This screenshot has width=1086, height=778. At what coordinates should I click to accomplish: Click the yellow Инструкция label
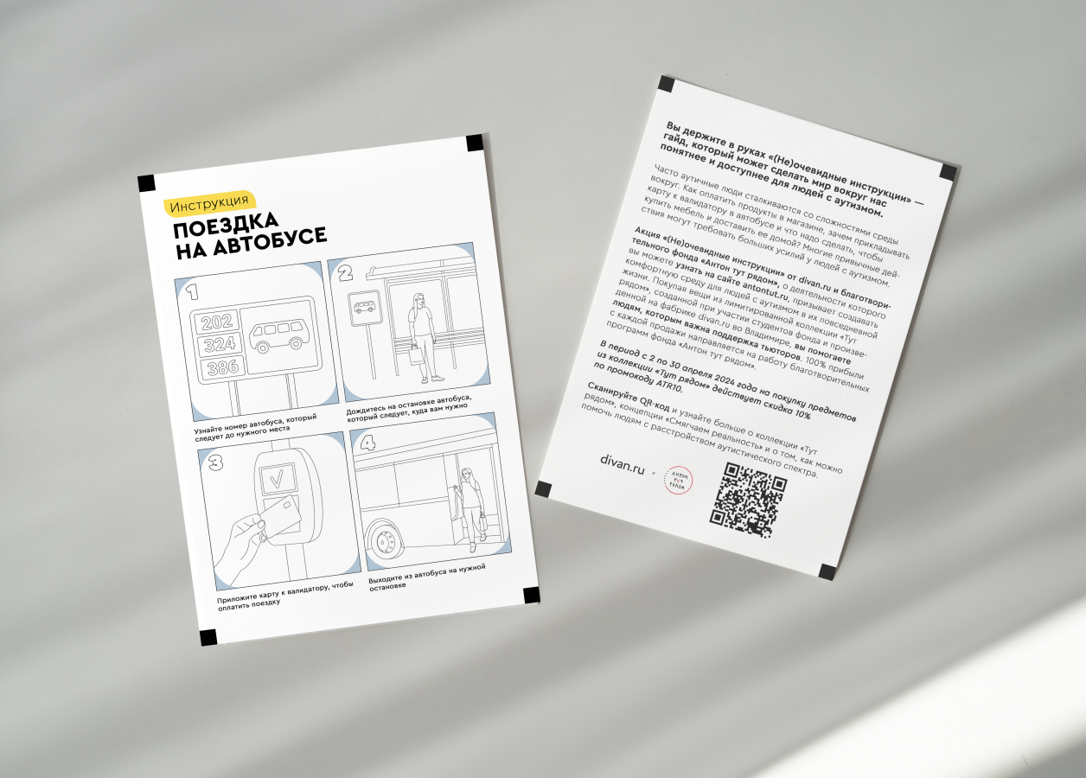click(x=209, y=201)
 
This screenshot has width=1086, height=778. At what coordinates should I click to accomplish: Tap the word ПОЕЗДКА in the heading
click(x=226, y=226)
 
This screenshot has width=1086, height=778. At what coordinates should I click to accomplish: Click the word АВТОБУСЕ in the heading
click(x=271, y=240)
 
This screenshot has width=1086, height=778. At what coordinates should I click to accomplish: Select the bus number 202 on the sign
click(x=217, y=322)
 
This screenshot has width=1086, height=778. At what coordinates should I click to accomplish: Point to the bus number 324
click(x=220, y=345)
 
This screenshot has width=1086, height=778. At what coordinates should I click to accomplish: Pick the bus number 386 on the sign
click(x=223, y=367)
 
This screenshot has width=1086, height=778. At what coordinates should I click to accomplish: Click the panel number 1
click(x=192, y=292)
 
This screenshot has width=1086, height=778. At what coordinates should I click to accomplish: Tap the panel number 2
click(x=345, y=274)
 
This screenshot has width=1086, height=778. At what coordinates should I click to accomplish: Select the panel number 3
click(x=216, y=462)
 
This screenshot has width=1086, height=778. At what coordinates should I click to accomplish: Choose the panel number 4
click(x=367, y=443)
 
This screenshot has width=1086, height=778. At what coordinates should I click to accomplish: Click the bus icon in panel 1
click(x=275, y=337)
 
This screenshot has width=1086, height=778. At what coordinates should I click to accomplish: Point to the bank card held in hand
click(x=279, y=515)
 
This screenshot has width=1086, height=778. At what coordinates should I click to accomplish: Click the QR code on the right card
click(x=748, y=501)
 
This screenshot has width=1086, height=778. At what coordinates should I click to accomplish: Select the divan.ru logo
click(x=622, y=465)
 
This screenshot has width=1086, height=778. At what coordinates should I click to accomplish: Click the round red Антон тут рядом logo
click(x=678, y=481)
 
